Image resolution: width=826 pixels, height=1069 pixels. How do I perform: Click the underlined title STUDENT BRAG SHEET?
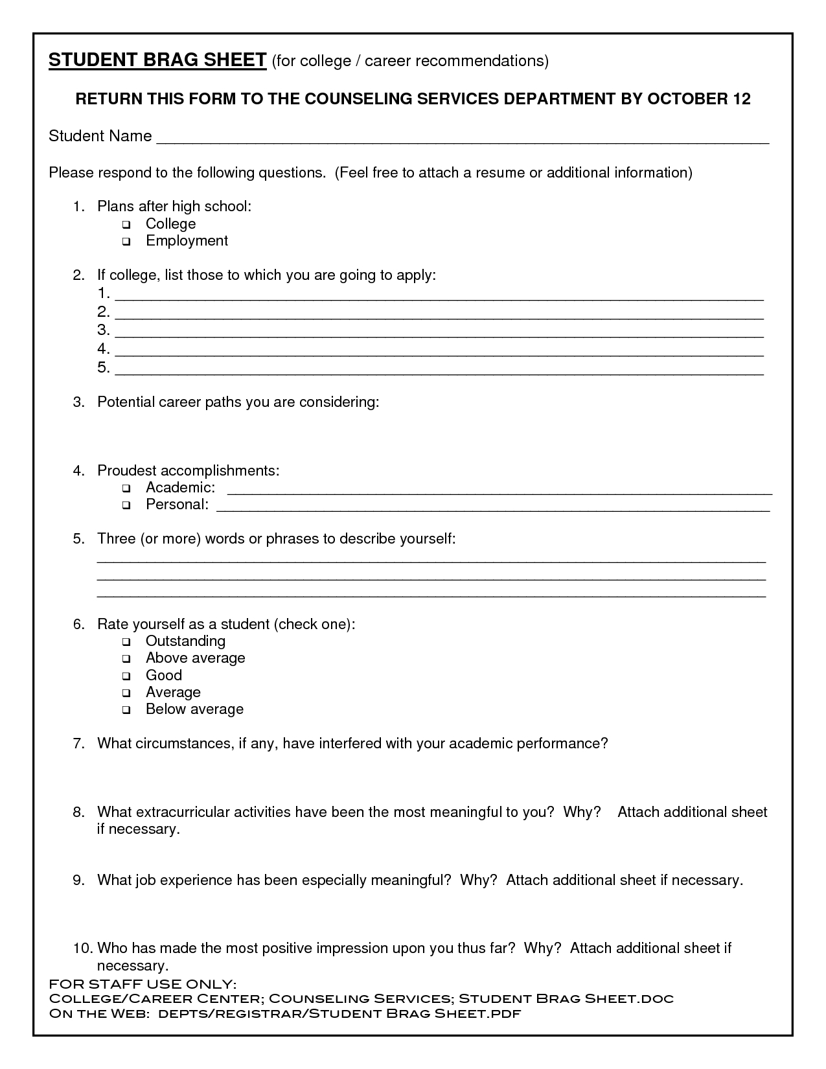[x=157, y=60]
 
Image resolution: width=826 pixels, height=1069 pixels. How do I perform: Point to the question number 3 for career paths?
[x=78, y=402]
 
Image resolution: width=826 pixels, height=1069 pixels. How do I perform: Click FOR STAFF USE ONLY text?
[x=143, y=984]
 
